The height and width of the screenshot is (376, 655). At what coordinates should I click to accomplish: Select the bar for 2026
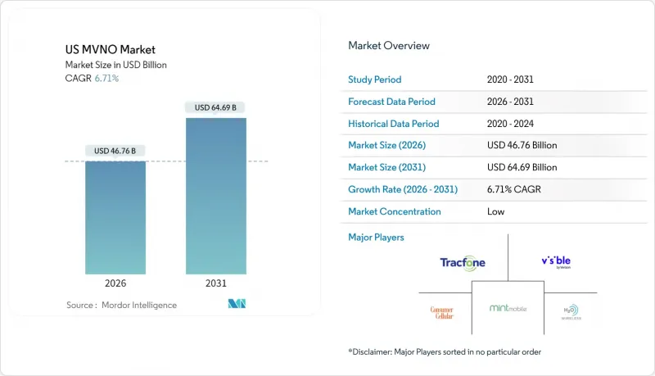(115, 216)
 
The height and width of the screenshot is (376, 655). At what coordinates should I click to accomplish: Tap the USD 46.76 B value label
(115, 151)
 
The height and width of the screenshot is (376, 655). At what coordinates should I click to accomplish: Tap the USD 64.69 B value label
(215, 107)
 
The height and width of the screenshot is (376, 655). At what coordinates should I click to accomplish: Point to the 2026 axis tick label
(115, 283)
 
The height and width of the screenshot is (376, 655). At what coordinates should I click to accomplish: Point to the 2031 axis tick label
(215, 283)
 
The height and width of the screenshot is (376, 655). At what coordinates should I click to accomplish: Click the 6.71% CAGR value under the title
(106, 79)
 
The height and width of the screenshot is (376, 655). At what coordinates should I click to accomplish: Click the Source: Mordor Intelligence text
(121, 306)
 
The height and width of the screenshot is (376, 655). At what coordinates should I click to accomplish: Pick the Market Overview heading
(389, 46)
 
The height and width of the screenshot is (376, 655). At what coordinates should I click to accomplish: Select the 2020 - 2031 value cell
(508, 79)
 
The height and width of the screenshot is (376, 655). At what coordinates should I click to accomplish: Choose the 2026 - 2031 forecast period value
(508, 102)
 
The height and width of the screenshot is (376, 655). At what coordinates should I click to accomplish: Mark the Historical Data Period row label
(395, 124)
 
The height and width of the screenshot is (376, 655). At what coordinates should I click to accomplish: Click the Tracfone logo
(463, 262)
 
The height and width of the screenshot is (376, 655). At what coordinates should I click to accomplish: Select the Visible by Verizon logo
(562, 262)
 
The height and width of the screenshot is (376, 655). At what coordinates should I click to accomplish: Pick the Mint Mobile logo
(508, 309)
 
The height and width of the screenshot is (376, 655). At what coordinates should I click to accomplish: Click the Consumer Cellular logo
(442, 311)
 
